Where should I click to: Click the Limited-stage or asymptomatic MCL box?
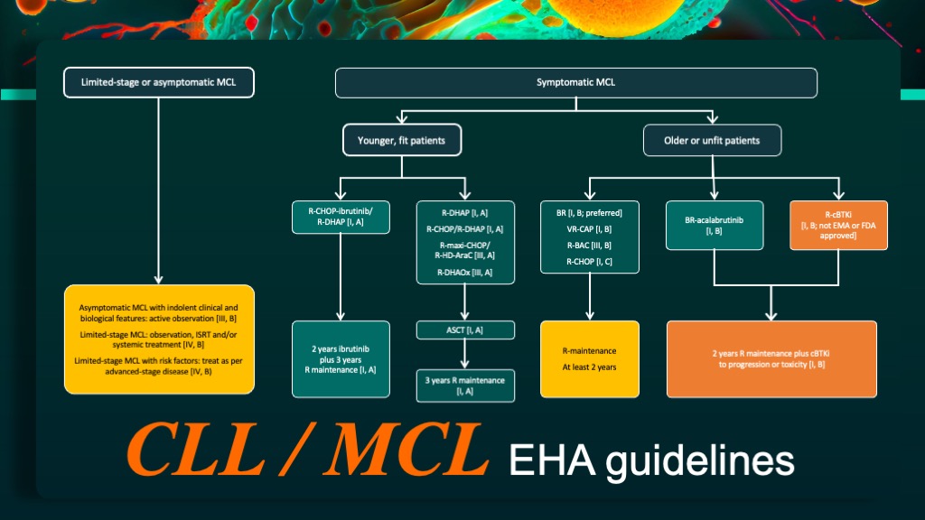(159, 82)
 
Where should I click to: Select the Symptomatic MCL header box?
(575, 82)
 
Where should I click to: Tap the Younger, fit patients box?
(402, 140)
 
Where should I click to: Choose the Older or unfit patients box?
(712, 140)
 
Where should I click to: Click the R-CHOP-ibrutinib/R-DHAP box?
(341, 217)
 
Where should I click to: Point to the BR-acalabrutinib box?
(715, 225)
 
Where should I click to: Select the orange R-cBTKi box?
(838, 225)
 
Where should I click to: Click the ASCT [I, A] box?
(465, 330)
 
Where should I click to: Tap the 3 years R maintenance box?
(465, 385)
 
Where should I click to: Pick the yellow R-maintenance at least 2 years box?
(589, 359)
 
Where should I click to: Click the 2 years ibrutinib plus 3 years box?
(341, 359)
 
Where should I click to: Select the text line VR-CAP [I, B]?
(589, 229)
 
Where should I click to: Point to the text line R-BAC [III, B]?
(589, 246)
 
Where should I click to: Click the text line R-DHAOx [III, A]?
(465, 273)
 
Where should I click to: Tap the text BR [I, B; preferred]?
(589, 213)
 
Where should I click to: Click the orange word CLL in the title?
(196, 450)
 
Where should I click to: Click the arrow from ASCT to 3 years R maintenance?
(465, 354)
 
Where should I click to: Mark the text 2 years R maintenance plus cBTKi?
(771, 354)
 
